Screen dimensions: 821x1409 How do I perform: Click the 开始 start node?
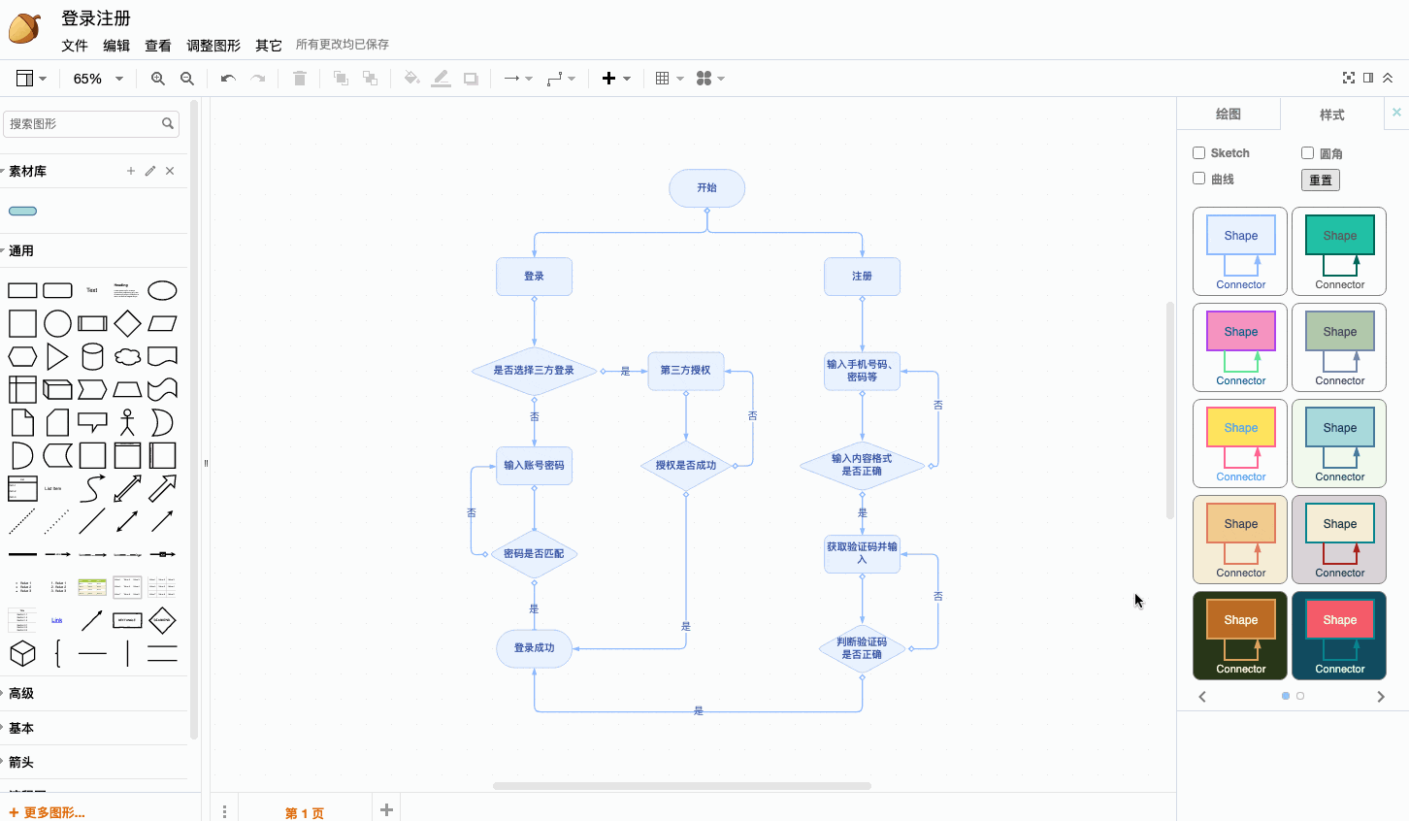coord(706,188)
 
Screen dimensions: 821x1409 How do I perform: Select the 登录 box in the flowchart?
coord(534,277)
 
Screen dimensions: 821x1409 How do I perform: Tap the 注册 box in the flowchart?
coord(862,277)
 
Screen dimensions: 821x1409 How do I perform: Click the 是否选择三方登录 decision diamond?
coord(534,371)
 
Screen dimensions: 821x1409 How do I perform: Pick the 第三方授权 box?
coord(685,371)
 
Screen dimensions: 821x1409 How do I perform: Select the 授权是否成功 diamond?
coord(685,466)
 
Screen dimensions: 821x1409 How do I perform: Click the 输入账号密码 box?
coord(534,466)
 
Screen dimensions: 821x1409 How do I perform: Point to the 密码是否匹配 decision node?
coord(534,554)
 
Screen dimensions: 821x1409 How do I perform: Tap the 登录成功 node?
coord(534,648)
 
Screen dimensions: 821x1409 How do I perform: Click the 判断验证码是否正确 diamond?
coord(862,648)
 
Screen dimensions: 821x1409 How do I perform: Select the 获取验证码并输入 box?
coord(862,554)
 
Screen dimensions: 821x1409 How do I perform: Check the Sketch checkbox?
coord(1199,153)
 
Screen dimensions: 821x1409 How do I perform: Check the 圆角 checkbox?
coord(1308,153)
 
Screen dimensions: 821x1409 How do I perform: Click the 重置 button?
coord(1321,181)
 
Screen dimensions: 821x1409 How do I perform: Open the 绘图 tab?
coord(1229,115)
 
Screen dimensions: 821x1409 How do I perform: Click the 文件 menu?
coord(75,46)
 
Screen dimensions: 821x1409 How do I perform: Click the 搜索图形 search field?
coord(82,124)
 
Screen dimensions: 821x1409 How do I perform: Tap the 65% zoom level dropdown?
coord(98,79)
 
